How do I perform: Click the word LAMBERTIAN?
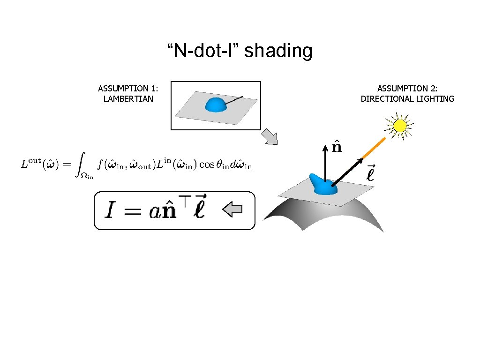pos(128,99)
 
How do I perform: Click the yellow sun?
pos(400,126)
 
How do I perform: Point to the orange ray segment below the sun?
pos(374,148)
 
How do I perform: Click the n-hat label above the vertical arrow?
pos(337,147)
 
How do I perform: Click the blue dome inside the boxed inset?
pos(216,105)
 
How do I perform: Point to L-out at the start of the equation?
pos(30,164)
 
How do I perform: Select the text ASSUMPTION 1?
pos(128,89)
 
